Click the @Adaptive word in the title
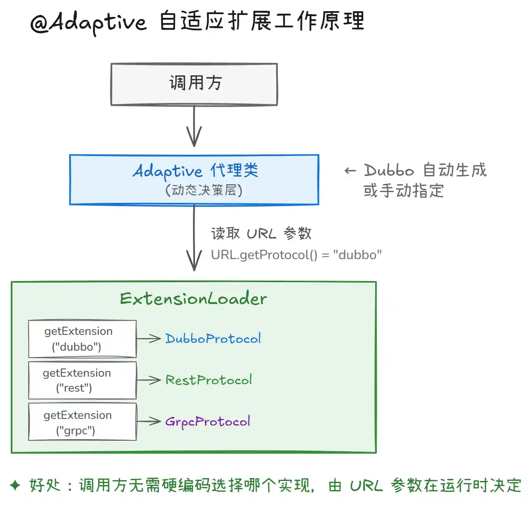(x=89, y=23)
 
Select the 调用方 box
(x=194, y=84)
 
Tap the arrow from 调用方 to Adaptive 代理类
(x=194, y=126)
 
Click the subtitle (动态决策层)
(x=204, y=190)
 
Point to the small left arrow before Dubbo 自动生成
(x=350, y=171)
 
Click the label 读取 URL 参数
(x=261, y=233)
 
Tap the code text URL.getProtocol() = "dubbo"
(x=296, y=255)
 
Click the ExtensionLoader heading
(x=193, y=298)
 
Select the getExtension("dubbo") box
(x=82, y=339)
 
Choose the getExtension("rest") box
(x=82, y=380)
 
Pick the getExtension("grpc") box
(x=82, y=422)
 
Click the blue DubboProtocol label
(x=213, y=339)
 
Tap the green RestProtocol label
(x=209, y=380)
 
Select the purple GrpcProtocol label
(x=207, y=422)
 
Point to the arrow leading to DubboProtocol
(x=149, y=339)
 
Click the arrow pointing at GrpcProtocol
(x=149, y=421)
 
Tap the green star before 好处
(x=15, y=486)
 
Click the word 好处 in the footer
(x=45, y=485)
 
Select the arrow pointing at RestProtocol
(x=149, y=380)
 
